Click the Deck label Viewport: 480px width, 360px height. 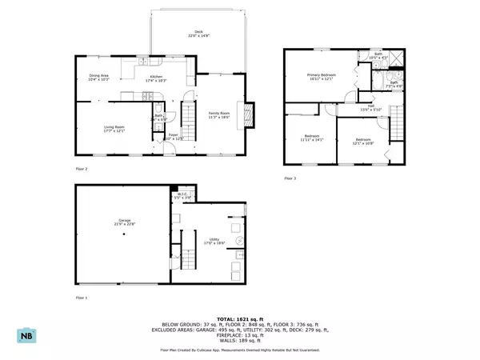pyautogui.click(x=197, y=34)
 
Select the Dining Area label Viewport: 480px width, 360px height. pyautogui.click(x=99, y=78)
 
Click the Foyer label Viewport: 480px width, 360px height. pyautogui.click(x=173, y=137)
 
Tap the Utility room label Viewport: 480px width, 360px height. pyautogui.click(x=216, y=241)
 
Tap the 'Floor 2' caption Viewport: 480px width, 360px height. pyautogui.click(x=81, y=169)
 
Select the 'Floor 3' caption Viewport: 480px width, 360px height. pyautogui.click(x=290, y=178)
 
